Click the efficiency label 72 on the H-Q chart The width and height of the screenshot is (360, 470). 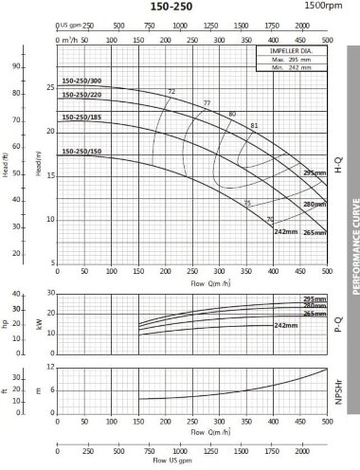coord(171,91)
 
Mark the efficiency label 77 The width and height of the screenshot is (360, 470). coord(207,102)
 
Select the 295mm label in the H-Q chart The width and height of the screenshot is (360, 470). coord(314,174)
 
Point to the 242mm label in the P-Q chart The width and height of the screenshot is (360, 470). coord(285,325)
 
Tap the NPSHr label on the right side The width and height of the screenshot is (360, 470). coord(337,389)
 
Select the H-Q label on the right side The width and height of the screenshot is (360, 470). coord(337,171)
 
